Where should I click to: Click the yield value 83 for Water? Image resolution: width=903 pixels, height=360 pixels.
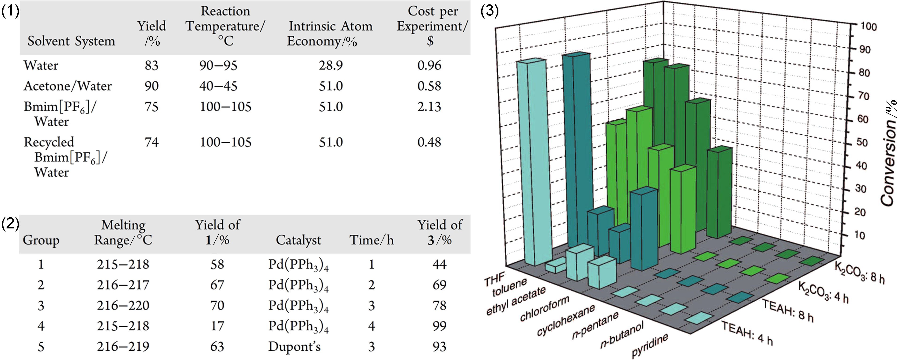[152, 65]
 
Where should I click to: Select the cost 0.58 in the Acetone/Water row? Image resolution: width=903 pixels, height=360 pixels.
[429, 86]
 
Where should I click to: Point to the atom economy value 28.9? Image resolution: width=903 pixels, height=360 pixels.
[330, 65]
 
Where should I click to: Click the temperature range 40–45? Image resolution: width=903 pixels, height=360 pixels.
[218, 86]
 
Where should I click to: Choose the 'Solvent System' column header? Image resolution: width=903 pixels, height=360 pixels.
[71, 41]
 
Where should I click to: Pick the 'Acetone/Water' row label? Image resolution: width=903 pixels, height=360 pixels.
[68, 86]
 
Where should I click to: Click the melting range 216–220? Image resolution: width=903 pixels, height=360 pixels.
[123, 306]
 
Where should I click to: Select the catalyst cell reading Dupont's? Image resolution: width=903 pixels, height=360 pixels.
[294, 347]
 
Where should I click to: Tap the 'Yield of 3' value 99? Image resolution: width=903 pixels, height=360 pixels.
[439, 326]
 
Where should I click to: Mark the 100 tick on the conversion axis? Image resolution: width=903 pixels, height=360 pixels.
[869, 27]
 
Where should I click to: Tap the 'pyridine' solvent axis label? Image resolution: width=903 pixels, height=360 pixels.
[650, 345]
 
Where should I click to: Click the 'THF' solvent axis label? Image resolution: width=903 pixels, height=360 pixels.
[494, 279]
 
